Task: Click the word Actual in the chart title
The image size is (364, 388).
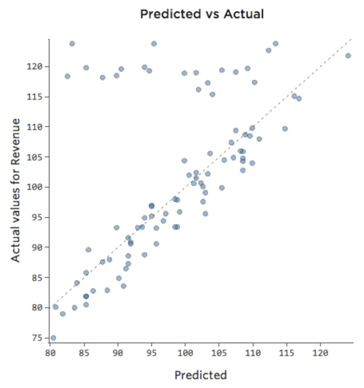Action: click(x=243, y=14)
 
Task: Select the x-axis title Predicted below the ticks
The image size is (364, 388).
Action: click(x=200, y=375)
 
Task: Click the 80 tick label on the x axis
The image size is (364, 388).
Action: click(x=50, y=353)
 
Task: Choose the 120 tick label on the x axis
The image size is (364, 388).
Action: click(x=320, y=353)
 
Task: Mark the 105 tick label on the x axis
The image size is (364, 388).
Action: click(x=219, y=353)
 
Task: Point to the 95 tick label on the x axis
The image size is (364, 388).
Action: click(x=151, y=353)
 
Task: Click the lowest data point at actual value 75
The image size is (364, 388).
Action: click(x=53, y=338)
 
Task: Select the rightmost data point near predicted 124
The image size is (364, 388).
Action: click(x=348, y=55)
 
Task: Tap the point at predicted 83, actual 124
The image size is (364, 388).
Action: click(x=72, y=44)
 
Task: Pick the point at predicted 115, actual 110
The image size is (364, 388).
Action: click(x=285, y=129)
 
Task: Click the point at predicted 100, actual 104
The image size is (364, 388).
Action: click(x=184, y=160)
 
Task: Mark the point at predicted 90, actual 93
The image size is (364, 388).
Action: click(x=116, y=228)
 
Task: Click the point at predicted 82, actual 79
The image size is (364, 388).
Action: click(x=63, y=314)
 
